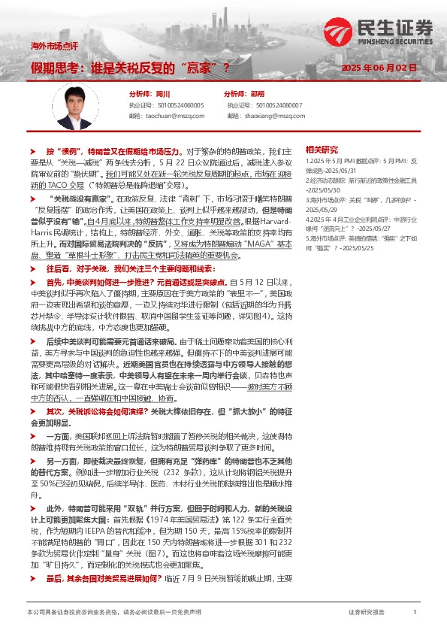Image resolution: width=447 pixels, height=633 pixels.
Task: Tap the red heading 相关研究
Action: [x=323, y=149]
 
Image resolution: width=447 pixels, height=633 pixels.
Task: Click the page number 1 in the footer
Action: [x=415, y=613]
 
